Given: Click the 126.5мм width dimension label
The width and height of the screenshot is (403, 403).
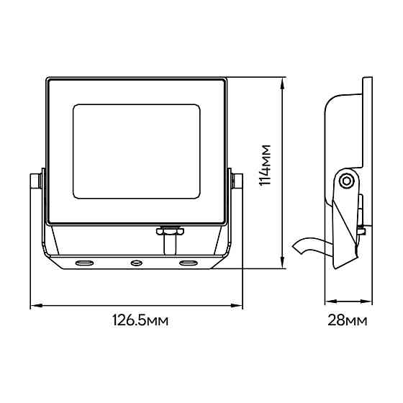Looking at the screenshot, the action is pos(140,320).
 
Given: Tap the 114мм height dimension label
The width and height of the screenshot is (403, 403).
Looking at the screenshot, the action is pos(265,165).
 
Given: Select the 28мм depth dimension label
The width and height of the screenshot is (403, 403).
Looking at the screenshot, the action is pos(347,320).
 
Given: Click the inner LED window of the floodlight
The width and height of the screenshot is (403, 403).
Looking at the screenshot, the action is pos(137,151).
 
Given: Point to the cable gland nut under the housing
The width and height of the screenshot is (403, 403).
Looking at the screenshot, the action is pos(170,230).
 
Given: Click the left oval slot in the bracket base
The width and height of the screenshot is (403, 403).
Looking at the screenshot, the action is pos(84,263).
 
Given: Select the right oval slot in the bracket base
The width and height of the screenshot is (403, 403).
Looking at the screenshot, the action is pos(189,263).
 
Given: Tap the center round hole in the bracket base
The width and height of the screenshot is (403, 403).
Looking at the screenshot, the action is pos(137,263).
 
